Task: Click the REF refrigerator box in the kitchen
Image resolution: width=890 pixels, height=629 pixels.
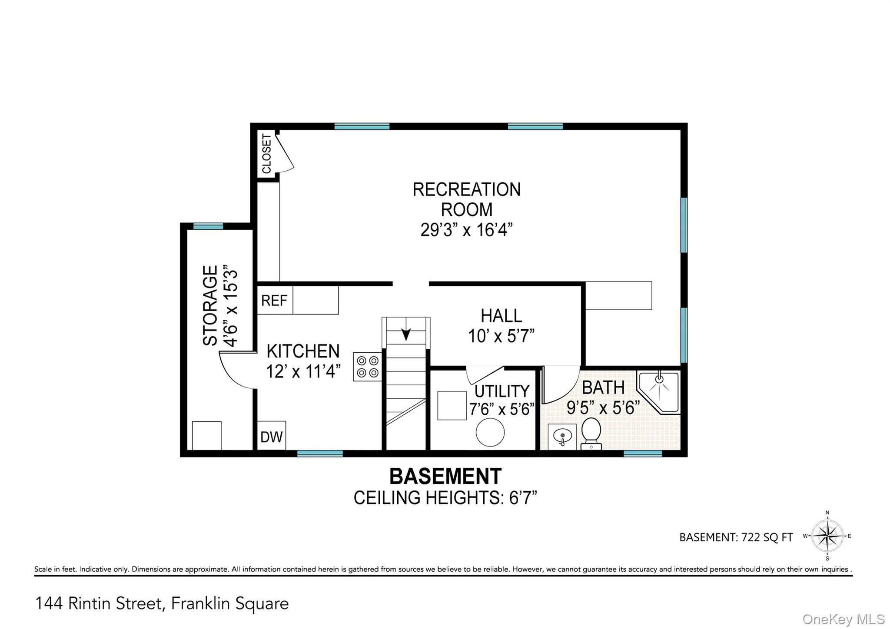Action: click(275, 300)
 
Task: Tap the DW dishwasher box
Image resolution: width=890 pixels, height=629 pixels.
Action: click(272, 436)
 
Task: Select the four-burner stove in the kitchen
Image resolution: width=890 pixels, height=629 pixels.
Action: click(368, 367)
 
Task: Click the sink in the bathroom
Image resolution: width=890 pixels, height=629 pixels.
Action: click(562, 437)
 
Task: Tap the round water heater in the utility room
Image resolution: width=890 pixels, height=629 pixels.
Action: click(490, 432)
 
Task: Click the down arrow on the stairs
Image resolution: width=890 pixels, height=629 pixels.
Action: click(406, 334)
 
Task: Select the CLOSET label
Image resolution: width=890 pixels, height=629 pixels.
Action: click(267, 153)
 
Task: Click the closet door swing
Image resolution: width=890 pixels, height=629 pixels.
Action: click(286, 154)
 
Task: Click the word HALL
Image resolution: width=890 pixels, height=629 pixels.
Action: click(501, 316)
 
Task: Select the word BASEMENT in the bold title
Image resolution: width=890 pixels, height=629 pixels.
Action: click(445, 477)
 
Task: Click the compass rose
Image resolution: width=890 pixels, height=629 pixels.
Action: click(827, 536)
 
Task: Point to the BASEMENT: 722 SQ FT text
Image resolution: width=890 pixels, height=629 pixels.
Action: click(736, 537)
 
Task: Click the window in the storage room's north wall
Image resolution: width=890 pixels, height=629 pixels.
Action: click(208, 226)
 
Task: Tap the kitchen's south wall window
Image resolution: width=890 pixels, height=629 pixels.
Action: click(320, 454)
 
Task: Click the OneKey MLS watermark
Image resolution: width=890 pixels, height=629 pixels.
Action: click(843, 619)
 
